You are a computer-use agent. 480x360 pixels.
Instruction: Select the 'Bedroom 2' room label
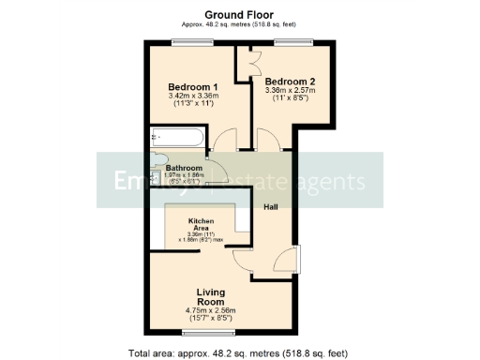tap(290, 81)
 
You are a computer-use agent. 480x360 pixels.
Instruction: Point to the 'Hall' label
tap(271, 206)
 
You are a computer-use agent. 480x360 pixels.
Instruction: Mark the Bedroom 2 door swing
tap(268, 141)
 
